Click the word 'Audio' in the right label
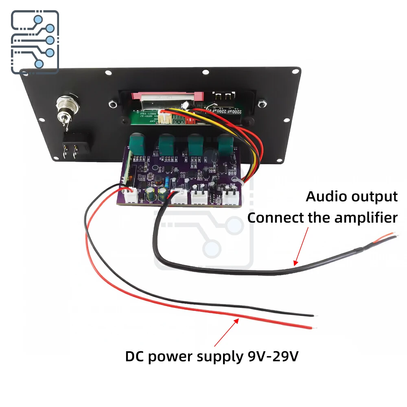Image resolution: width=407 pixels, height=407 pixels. pyautogui.click(x=322, y=197)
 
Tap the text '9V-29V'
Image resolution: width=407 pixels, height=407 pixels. pyautogui.click(x=273, y=357)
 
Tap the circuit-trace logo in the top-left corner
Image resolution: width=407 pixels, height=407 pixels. pyautogui.click(x=35, y=42)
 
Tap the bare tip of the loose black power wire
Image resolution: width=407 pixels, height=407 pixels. pyautogui.click(x=313, y=315)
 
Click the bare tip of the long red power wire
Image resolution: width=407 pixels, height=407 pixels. pyautogui.click(x=313, y=327)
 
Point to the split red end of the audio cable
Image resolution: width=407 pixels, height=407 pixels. pyautogui.click(x=389, y=236)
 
